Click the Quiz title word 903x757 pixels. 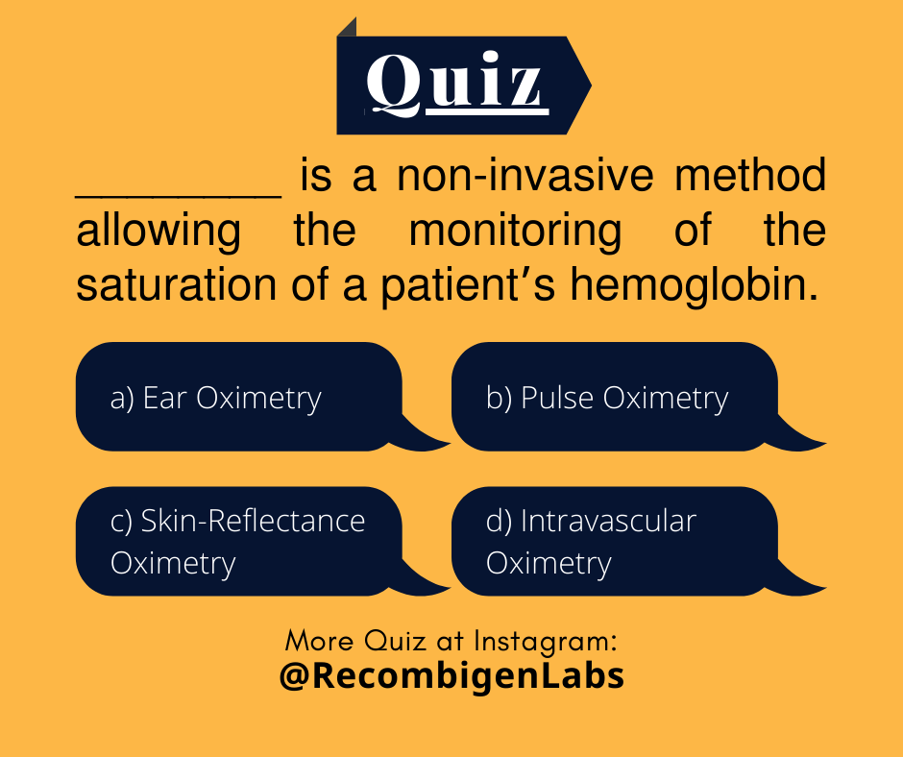[455, 84]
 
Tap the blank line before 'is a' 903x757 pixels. [179, 193]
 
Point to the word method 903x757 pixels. [750, 177]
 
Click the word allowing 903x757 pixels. [159, 232]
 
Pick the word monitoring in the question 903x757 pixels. [515, 232]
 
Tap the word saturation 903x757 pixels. [176, 286]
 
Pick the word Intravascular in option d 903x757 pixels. [607, 521]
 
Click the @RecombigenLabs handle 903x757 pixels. [451, 675]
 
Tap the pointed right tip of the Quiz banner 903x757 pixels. [587, 85]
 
